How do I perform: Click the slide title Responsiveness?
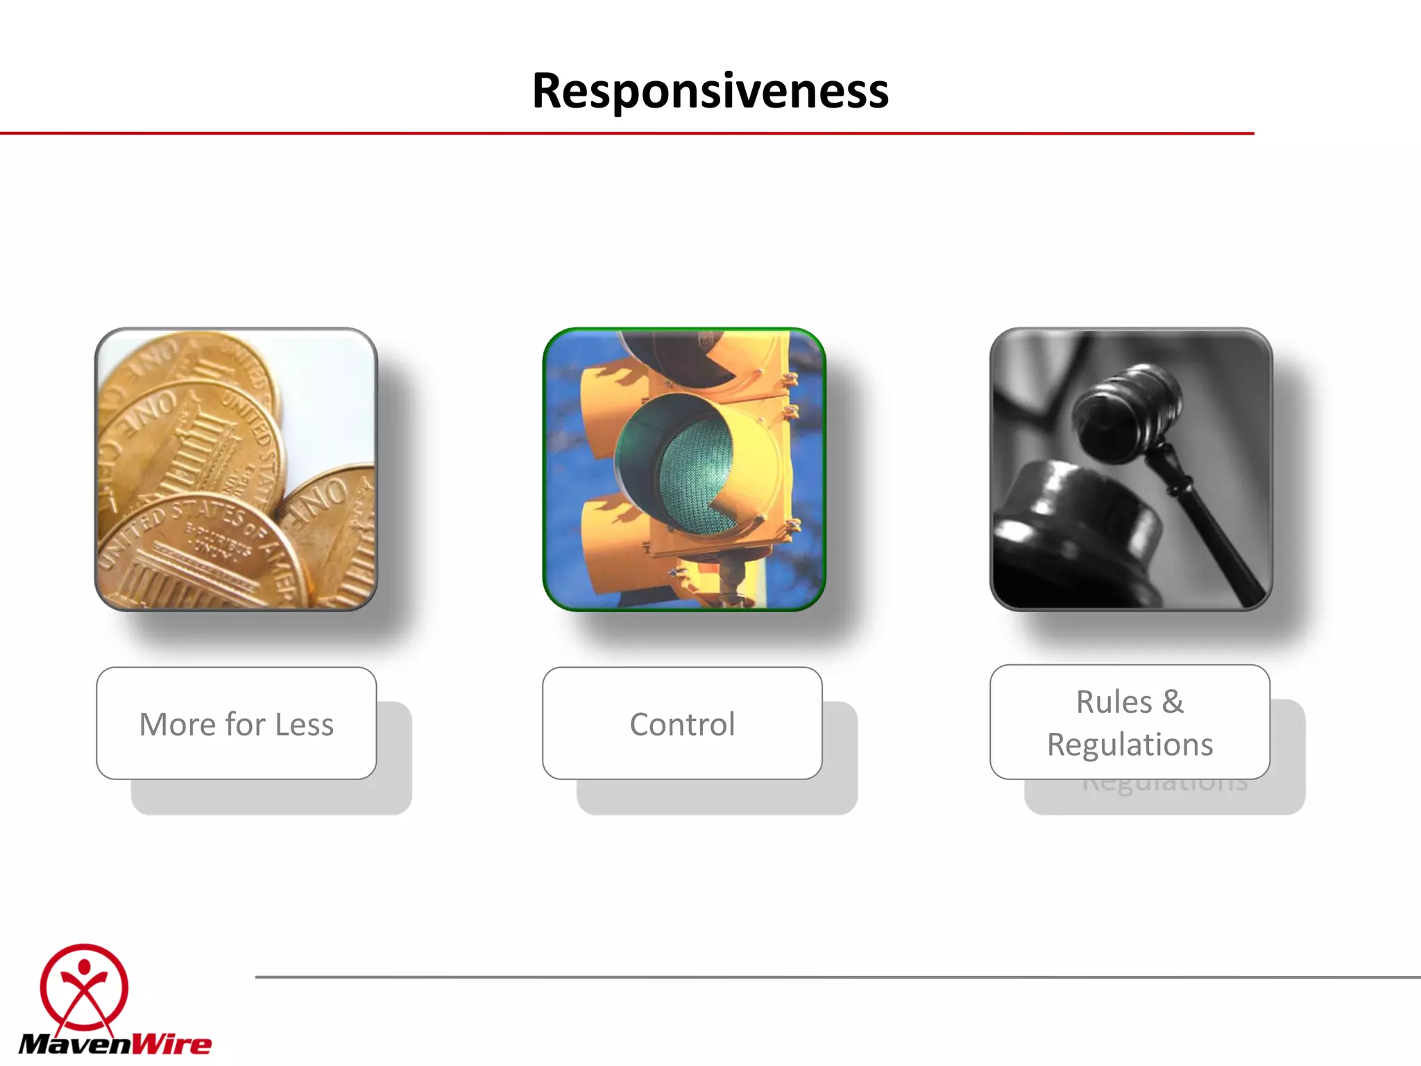coord(710,91)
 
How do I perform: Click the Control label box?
coord(682,723)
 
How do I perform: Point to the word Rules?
coord(1114,702)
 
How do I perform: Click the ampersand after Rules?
coord(1173,702)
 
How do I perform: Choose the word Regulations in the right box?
coord(1130,745)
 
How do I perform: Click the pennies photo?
coord(236,469)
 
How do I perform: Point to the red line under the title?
coord(624,133)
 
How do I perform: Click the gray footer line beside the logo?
coord(833,977)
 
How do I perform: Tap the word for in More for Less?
coord(245,725)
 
